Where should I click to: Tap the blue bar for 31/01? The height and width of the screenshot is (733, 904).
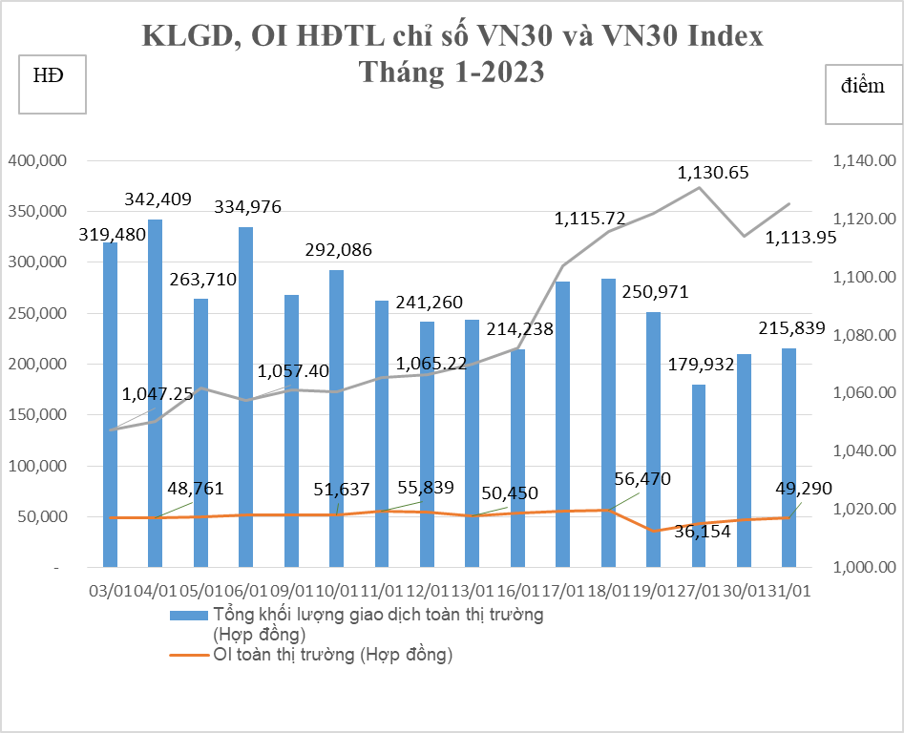789,458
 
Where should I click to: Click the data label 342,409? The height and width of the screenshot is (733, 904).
158,200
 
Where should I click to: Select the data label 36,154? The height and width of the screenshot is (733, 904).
702,533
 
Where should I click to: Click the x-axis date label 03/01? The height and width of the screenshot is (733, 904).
107,592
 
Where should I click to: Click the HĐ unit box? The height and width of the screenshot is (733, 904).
53,85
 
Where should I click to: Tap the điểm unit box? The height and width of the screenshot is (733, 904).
863,95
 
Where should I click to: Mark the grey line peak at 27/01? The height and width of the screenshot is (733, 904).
699,187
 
